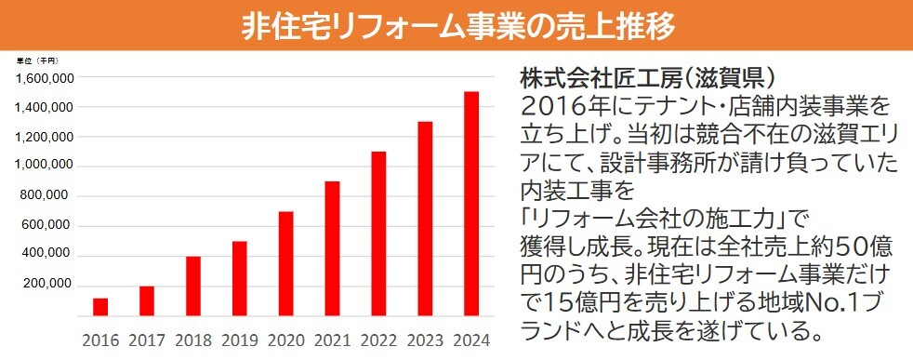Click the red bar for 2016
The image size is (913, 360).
[100, 307]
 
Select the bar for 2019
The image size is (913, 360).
[240, 279]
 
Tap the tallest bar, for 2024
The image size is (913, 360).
[471, 205]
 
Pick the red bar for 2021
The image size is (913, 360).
[332, 249]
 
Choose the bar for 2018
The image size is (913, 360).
[193, 287]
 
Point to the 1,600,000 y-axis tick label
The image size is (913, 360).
[45, 78]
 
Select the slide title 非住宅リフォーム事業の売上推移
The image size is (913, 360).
[456, 26]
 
